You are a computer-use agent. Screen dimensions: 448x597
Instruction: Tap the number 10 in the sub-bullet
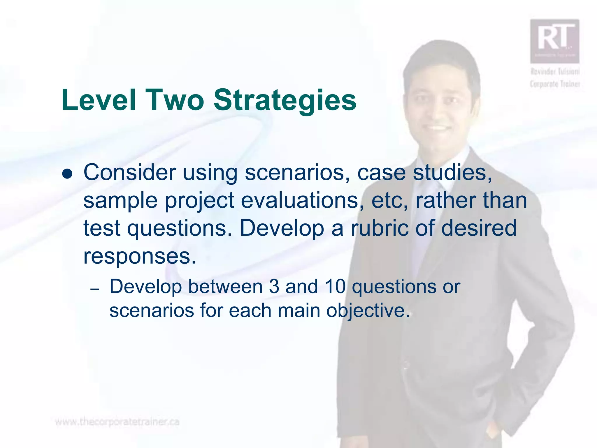(335, 287)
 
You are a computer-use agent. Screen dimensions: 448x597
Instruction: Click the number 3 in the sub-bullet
(274, 287)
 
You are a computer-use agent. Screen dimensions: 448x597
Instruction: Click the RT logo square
(554, 41)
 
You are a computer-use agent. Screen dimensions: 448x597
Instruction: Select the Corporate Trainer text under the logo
(555, 84)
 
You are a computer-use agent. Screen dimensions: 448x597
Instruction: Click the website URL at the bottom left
(117, 422)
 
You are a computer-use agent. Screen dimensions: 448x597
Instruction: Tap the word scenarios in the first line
(297, 173)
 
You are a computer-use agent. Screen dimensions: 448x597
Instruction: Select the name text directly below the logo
(555, 71)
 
